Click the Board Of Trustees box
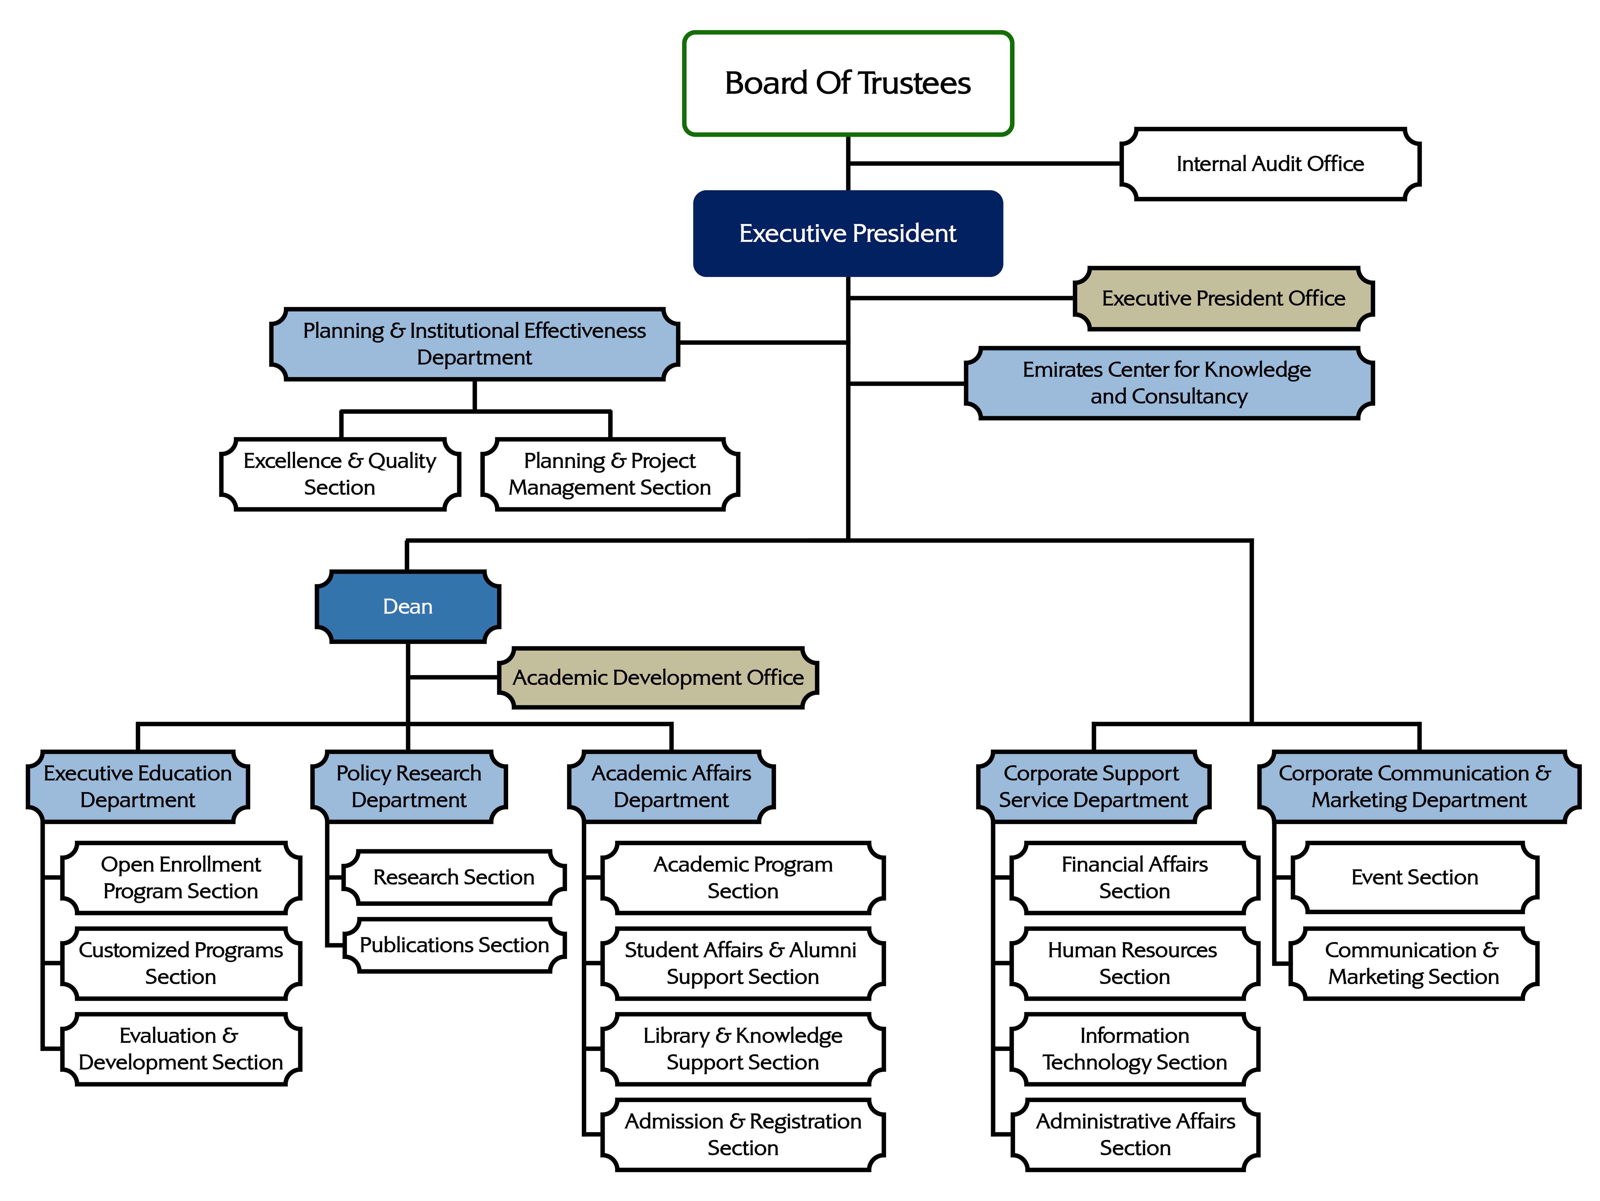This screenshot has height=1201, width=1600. [x=848, y=83]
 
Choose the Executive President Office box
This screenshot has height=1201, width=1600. [x=1223, y=298]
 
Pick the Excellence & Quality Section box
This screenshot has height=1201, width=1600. [x=340, y=474]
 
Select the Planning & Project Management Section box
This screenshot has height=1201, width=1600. [x=610, y=474]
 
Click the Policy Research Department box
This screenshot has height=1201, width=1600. [x=409, y=787]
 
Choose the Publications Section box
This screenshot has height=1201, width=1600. [x=454, y=945]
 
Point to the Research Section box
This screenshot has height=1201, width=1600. [x=454, y=877]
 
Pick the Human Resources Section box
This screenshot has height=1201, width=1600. [x=1134, y=963]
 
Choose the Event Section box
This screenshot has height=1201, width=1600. [x=1414, y=877]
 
